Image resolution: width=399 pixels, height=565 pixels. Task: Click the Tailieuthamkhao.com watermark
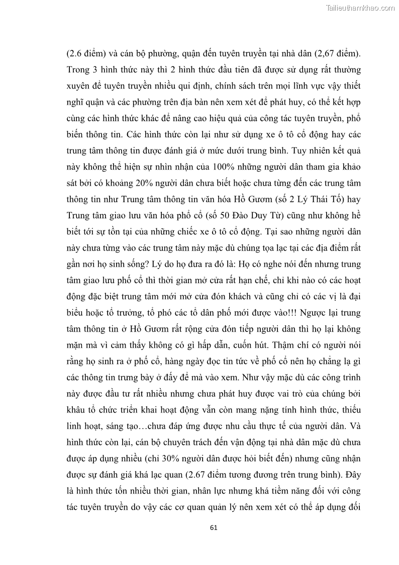[x=360, y=8]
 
